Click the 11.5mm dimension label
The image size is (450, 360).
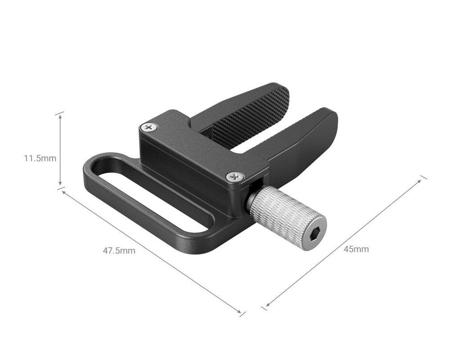[x=40, y=158]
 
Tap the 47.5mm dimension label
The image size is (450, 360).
[x=119, y=251]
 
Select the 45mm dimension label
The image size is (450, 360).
[x=356, y=249]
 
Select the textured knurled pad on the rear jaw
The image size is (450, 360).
[x=252, y=115]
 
